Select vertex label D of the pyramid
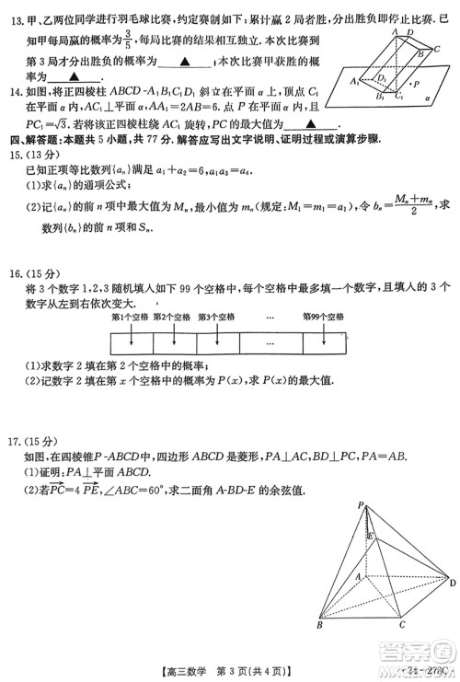tap(452, 582)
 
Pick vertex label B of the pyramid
tap(318, 626)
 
